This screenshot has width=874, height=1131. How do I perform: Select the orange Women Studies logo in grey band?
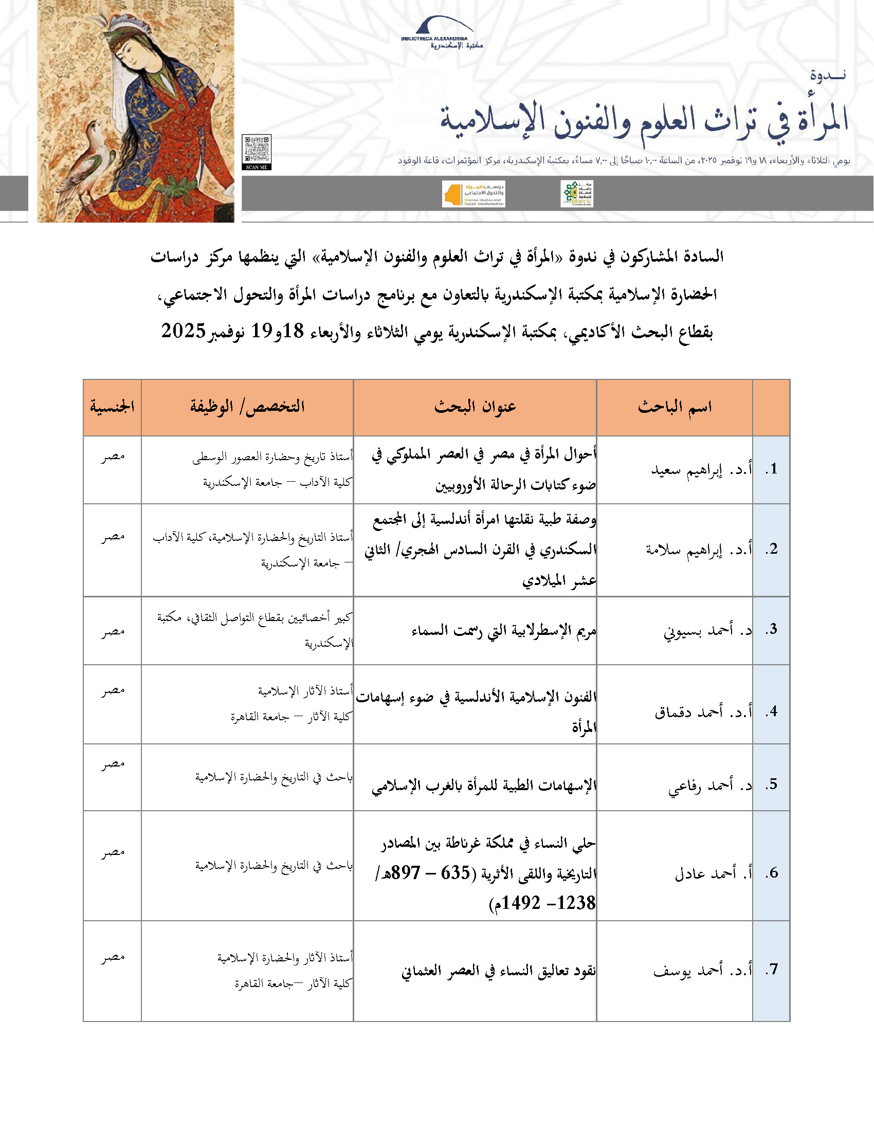(x=473, y=194)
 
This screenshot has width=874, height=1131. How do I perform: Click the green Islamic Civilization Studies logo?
(x=577, y=194)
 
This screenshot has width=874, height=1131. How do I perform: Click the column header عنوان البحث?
(x=475, y=407)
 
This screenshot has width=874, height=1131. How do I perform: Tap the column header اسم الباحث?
(x=674, y=407)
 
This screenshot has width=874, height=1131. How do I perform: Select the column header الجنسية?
(x=113, y=407)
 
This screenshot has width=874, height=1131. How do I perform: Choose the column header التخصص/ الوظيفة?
(x=247, y=407)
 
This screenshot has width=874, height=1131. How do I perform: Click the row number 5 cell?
(x=772, y=784)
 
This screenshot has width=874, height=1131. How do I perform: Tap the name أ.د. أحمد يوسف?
(x=702, y=970)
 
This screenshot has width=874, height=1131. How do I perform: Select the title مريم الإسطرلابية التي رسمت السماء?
(x=503, y=630)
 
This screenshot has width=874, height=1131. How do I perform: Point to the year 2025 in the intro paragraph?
(x=184, y=331)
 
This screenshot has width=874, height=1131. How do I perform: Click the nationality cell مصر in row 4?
(x=113, y=690)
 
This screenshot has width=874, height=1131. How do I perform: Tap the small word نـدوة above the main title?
(x=827, y=75)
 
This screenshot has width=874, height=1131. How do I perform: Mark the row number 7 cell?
(x=772, y=970)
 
